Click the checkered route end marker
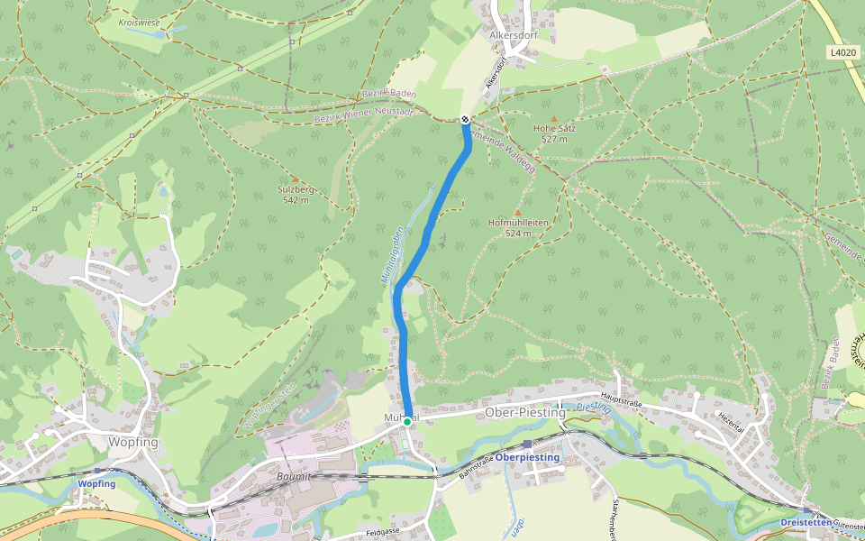(465, 119)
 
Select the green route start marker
(407, 421)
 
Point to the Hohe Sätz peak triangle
(553, 118)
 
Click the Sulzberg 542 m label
(296, 195)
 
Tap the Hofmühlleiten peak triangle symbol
(517, 212)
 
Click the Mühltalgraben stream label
(391, 255)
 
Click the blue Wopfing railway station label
(96, 484)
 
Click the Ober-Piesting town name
(525, 413)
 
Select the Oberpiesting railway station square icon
(527, 444)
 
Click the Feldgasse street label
(383, 533)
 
